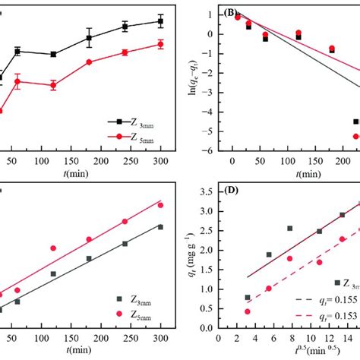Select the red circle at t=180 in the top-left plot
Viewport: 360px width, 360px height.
89,62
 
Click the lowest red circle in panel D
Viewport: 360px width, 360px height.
247,311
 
